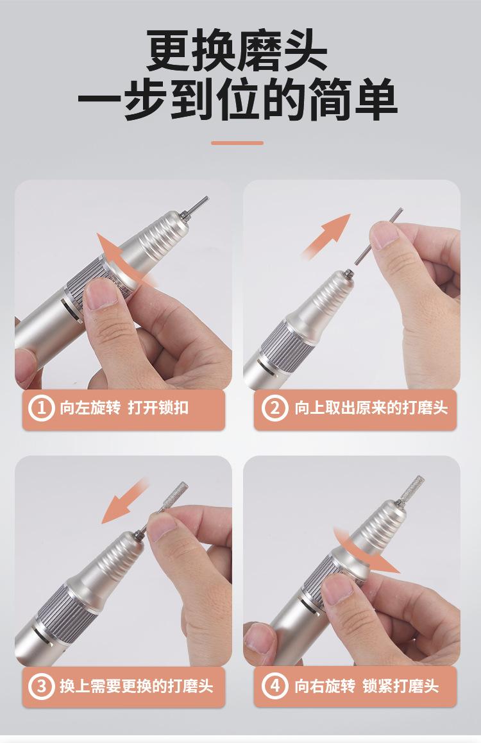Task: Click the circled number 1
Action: point(41,408)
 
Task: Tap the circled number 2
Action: point(274,408)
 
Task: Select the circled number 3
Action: point(41,686)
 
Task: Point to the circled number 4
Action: point(274,686)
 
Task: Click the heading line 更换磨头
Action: point(237,50)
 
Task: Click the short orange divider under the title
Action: point(237,142)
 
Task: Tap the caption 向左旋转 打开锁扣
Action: point(124,408)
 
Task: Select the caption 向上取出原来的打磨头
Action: point(371,408)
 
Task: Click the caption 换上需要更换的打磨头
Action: point(137,686)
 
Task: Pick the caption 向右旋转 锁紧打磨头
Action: point(366,686)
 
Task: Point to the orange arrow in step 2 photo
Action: point(326,236)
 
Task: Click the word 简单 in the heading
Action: point(352,99)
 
